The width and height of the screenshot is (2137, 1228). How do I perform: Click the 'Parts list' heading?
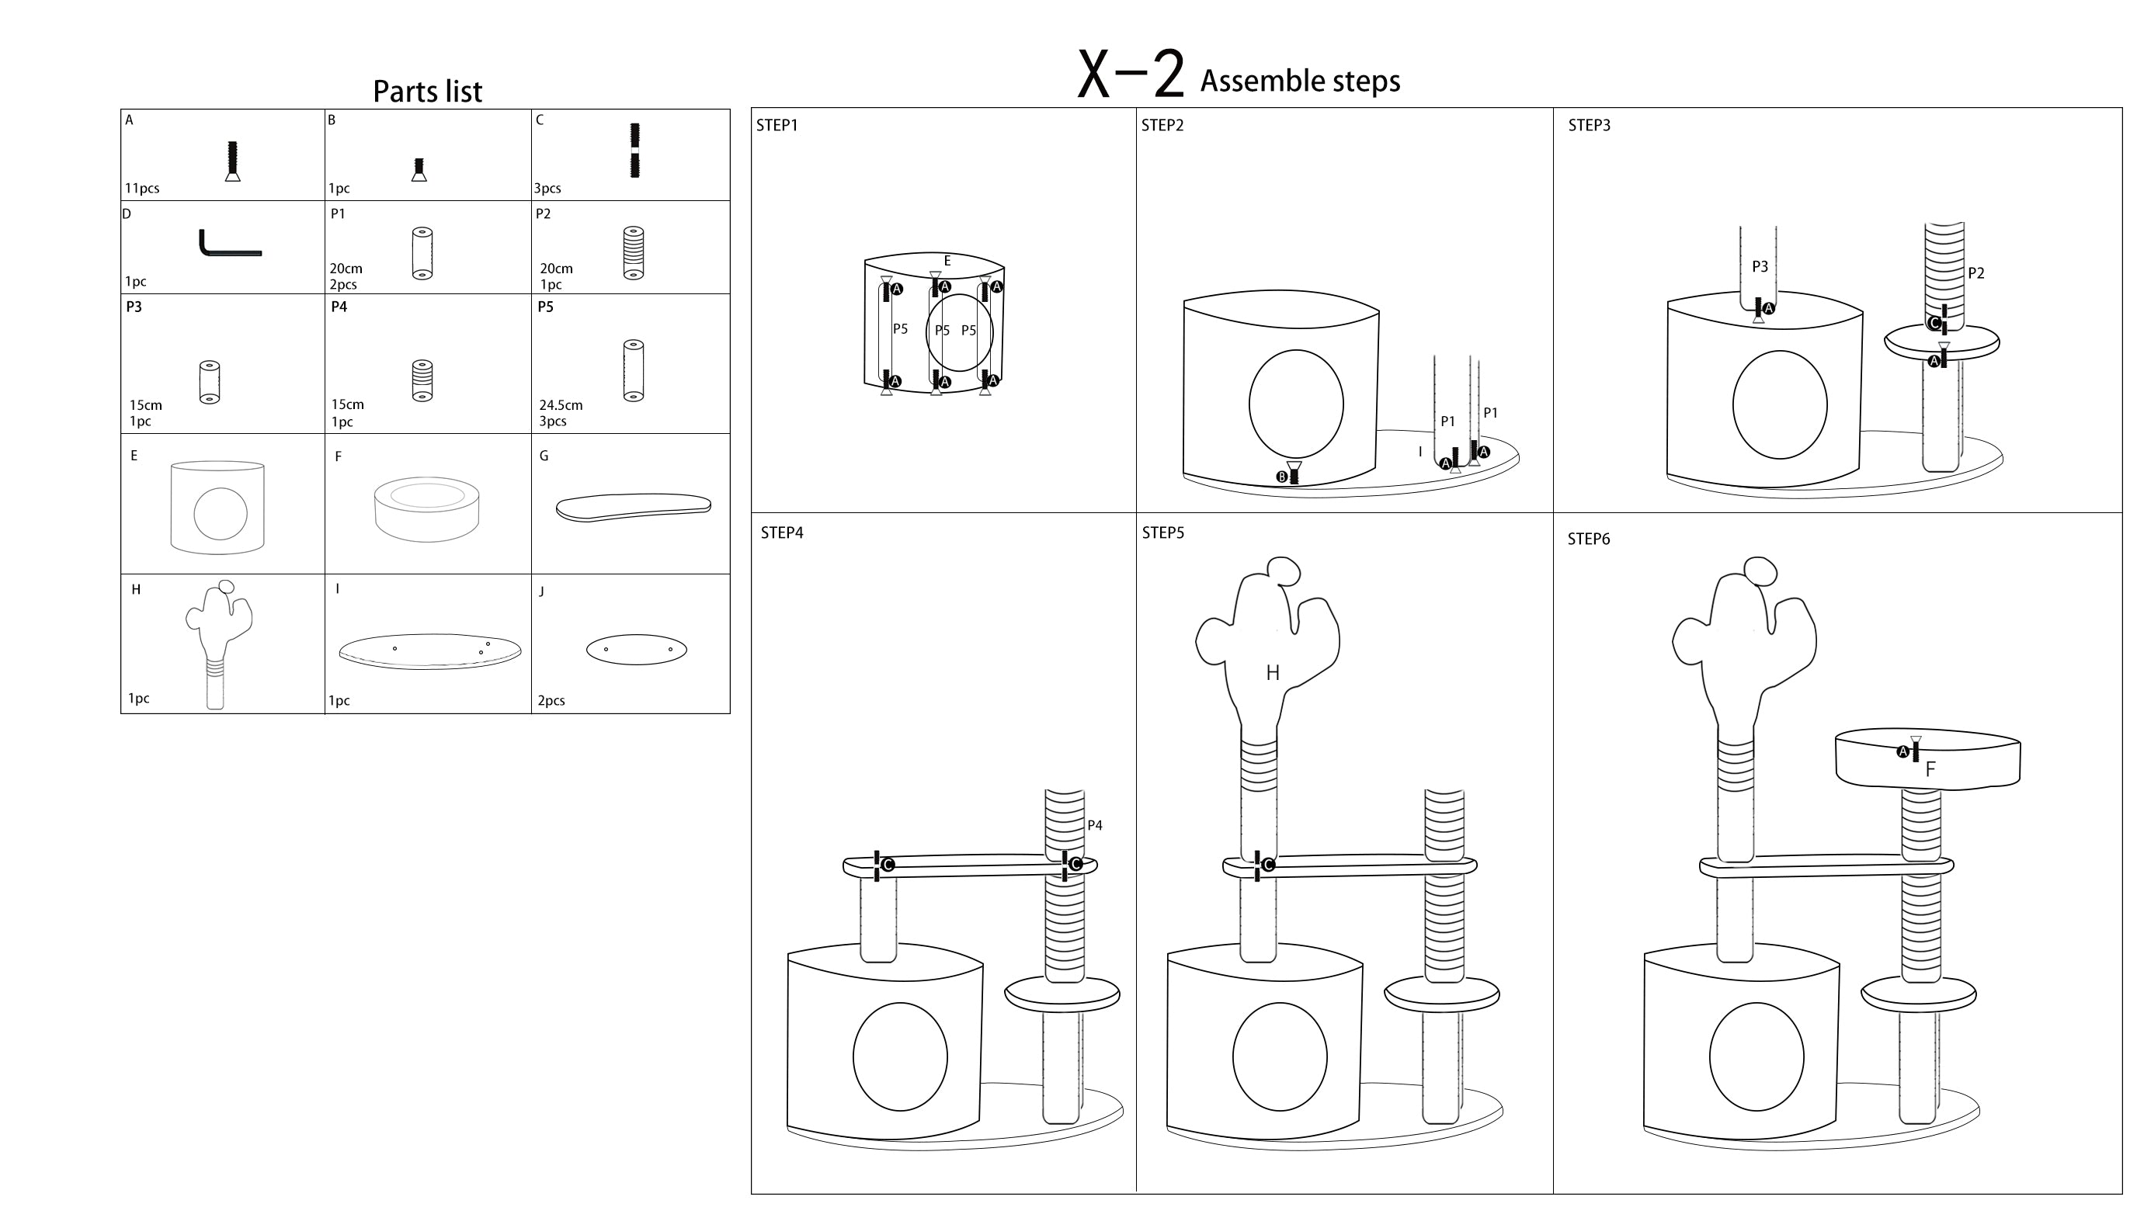coord(427,91)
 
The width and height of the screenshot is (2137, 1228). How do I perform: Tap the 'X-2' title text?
coord(1131,75)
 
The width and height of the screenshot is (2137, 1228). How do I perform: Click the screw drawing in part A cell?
coord(233,160)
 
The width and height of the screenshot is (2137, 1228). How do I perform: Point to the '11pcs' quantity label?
coord(142,188)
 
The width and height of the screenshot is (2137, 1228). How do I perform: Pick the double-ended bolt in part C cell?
coord(634,150)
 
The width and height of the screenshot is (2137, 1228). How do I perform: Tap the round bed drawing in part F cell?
coord(427,508)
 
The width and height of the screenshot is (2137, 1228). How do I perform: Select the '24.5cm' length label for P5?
coord(561,405)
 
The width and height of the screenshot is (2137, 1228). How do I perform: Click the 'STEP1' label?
coord(777,126)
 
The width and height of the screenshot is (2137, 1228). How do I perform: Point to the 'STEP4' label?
coord(781,533)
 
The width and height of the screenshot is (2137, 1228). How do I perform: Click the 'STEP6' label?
coord(1589,539)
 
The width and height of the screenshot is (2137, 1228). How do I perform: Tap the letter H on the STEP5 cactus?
coord(1272,672)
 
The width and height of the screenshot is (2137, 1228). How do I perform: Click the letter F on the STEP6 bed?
coord(1930,768)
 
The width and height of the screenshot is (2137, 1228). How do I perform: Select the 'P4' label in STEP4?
coord(1094,825)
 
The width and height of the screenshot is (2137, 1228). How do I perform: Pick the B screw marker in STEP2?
coord(1282,477)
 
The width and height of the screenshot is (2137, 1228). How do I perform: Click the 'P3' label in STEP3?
coord(1759,266)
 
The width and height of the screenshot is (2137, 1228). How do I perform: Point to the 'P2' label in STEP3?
coord(1975,273)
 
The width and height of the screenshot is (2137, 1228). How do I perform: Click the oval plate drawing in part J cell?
coord(636,650)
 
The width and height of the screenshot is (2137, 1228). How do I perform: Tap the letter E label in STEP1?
coord(947,262)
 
